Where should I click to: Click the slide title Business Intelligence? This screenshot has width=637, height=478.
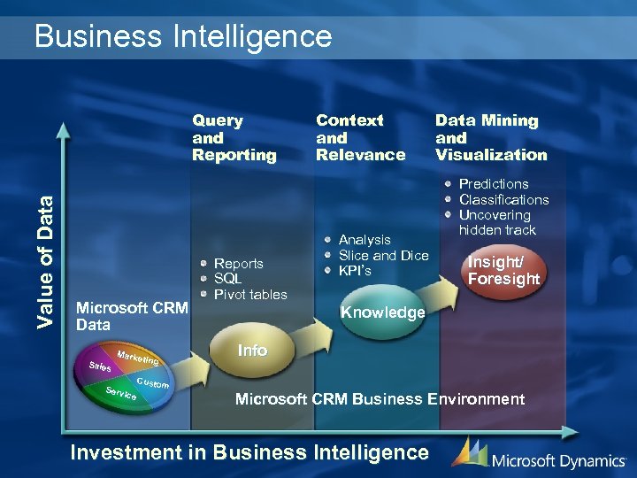coord(182,36)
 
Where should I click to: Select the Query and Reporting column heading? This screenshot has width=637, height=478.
coord(234,137)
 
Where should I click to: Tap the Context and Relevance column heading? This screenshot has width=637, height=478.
coord(360,137)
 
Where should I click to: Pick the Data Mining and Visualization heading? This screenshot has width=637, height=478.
coord(491,137)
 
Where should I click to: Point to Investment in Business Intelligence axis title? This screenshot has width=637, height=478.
coord(249,452)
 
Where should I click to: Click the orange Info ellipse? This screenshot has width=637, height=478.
coord(252,351)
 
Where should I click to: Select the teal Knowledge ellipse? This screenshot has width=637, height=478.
coord(382,313)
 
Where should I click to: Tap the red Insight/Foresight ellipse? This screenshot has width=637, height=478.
coord(503,269)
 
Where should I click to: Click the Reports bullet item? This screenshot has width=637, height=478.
coord(238,263)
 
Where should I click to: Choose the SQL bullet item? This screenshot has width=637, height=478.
coord(227,279)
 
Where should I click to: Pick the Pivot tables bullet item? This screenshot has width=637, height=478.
coord(250,294)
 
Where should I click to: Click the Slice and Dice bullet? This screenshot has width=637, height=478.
coord(383,255)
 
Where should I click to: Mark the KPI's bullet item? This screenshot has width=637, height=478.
coord(355,270)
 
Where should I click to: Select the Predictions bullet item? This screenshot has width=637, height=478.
coord(493,184)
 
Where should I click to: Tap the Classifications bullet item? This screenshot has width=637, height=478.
coord(503,200)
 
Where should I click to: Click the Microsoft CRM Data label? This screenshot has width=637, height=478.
coord(132,316)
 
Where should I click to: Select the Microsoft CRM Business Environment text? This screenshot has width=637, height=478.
coord(380,399)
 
